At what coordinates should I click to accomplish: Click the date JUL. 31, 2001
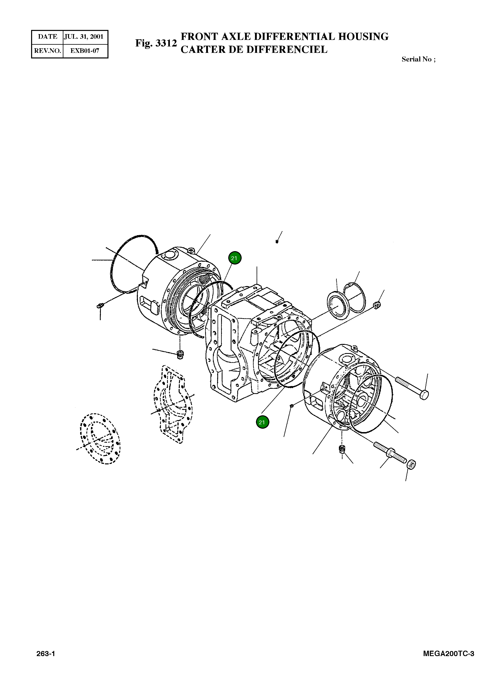click(84, 37)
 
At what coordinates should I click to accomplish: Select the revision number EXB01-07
click(85, 51)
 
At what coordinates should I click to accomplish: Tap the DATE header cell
click(48, 37)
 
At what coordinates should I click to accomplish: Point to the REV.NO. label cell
click(48, 51)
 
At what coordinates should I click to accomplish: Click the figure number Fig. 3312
click(156, 43)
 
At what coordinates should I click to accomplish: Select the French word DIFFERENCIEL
click(286, 49)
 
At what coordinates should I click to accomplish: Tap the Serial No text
click(418, 59)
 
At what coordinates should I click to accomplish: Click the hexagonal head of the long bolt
click(424, 395)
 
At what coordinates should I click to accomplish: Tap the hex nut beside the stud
click(411, 464)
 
